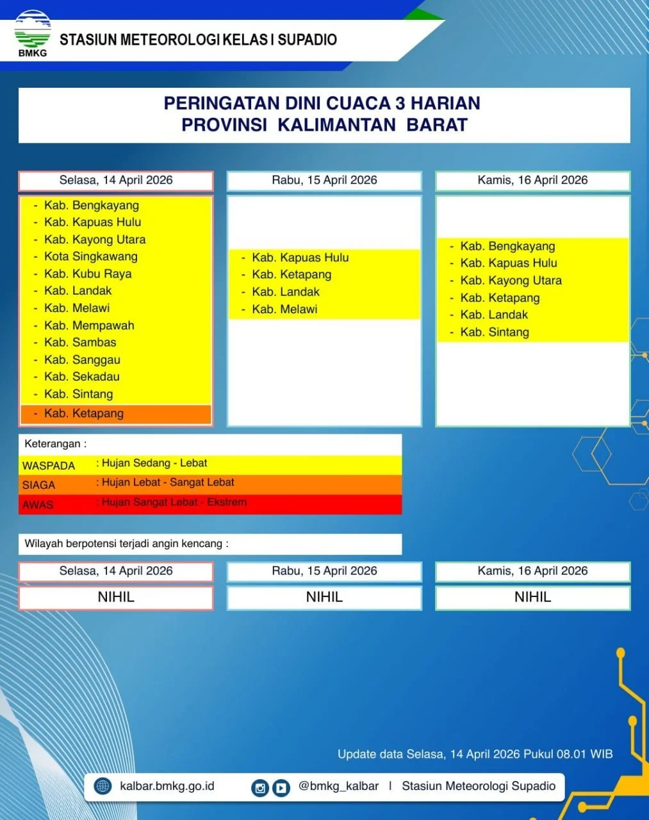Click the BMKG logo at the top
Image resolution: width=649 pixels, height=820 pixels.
click(x=33, y=33)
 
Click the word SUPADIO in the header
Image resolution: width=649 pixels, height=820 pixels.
click(x=307, y=40)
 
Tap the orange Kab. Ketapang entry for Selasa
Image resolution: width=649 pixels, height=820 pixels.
click(x=84, y=413)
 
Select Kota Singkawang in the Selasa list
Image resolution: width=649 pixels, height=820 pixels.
click(x=91, y=256)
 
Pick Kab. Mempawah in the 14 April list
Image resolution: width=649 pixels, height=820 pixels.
click(x=89, y=325)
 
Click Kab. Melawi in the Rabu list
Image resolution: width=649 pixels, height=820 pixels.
click(x=284, y=309)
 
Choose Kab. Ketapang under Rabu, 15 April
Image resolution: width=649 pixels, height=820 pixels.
click(x=292, y=275)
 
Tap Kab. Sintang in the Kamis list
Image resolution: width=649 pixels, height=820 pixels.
click(x=495, y=332)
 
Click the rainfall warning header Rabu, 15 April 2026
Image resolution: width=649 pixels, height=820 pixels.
click(x=324, y=180)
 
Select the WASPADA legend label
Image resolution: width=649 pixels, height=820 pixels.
click(x=49, y=466)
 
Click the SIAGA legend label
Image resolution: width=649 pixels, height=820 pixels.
click(x=38, y=485)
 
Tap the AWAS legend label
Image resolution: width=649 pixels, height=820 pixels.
click(x=37, y=505)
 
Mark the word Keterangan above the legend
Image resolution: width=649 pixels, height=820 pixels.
click(x=53, y=443)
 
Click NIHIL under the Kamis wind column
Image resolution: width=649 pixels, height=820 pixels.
click(x=533, y=597)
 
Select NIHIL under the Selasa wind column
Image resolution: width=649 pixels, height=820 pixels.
click(x=116, y=597)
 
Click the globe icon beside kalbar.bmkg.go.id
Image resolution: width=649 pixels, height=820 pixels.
click(x=103, y=785)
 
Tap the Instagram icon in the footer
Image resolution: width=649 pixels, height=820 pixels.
click(x=260, y=787)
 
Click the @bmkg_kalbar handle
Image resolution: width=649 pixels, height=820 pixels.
click(x=338, y=786)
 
